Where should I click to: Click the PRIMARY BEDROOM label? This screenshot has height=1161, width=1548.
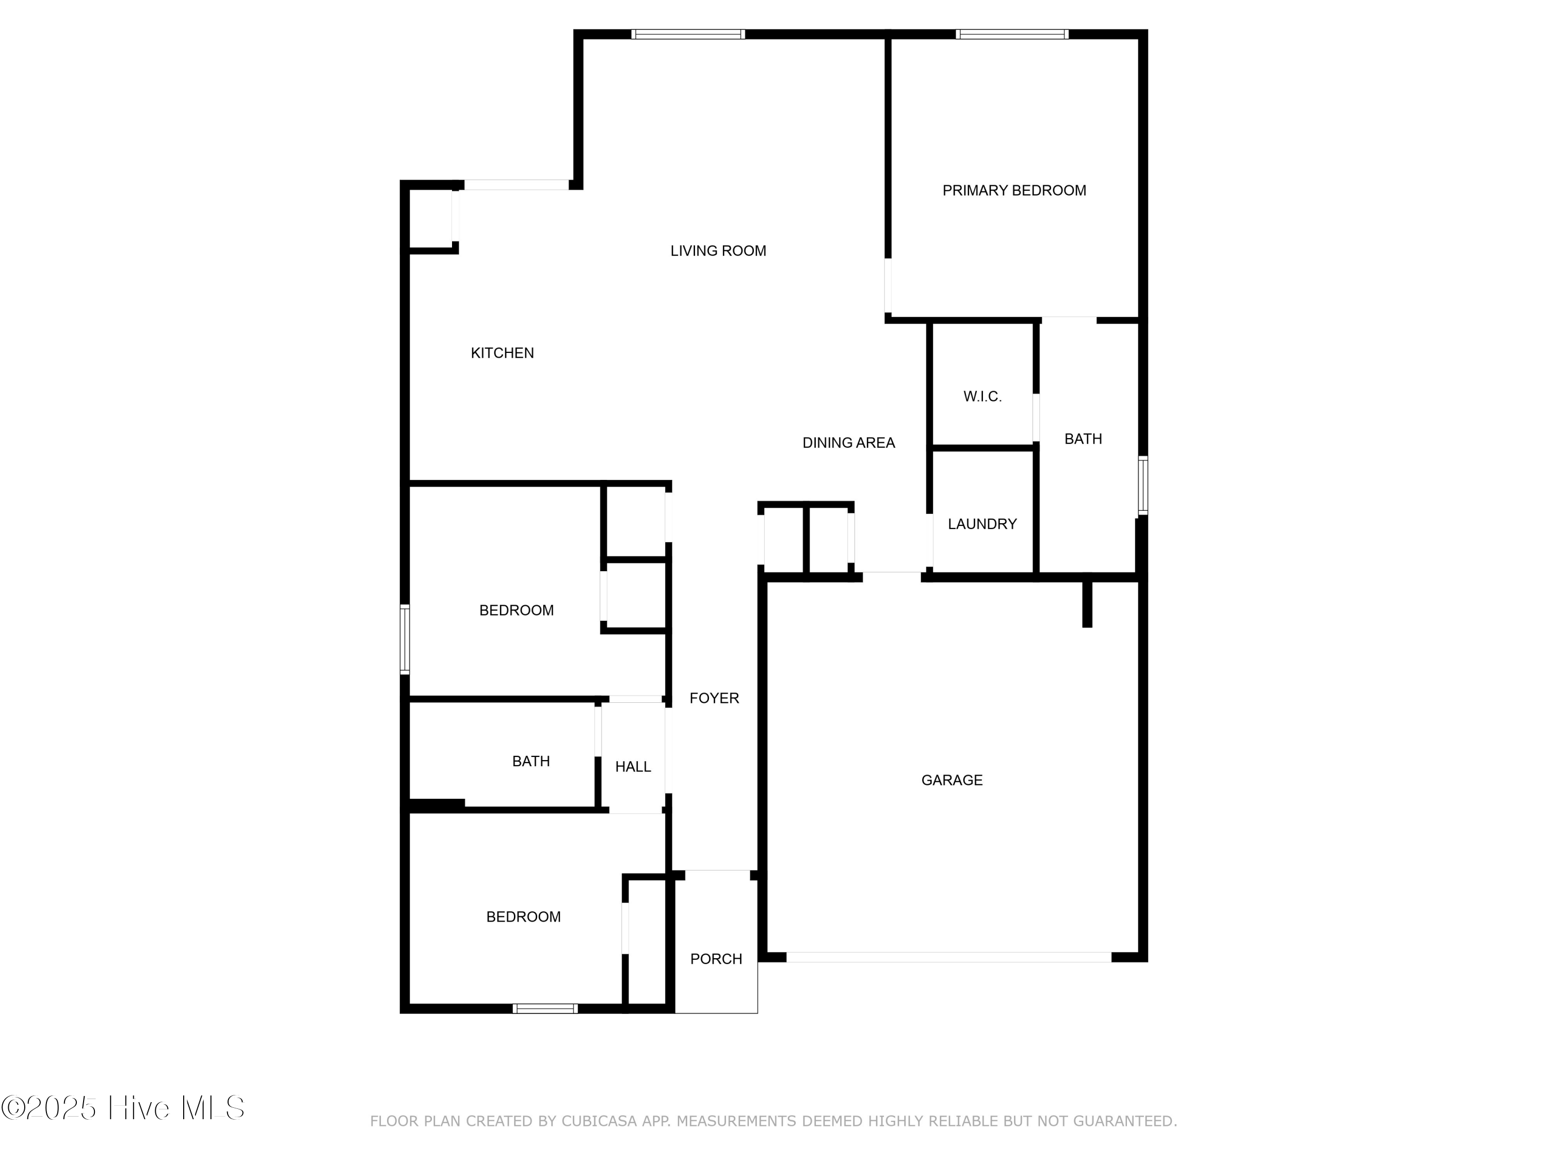(1014, 190)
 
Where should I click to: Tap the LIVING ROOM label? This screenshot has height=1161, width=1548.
(718, 251)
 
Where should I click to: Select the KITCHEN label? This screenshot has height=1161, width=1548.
(502, 353)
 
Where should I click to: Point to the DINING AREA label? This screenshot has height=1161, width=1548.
(848, 442)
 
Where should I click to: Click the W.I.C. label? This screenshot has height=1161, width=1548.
(982, 397)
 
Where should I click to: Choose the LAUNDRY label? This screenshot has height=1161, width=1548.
(982, 524)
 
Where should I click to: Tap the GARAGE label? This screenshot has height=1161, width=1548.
(952, 780)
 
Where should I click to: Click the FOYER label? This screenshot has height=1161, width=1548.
(714, 698)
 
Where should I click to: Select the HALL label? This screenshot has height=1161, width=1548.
(633, 767)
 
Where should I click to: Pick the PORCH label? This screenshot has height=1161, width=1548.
(716, 959)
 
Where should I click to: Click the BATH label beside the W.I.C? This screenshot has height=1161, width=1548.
(1083, 439)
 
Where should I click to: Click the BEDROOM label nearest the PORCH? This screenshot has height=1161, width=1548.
(523, 917)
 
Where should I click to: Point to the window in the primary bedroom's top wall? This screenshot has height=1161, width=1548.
(1012, 34)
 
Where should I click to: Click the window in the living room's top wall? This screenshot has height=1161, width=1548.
(688, 34)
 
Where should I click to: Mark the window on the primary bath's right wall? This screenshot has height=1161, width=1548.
(1142, 485)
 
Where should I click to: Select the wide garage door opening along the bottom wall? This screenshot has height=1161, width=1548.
(948, 957)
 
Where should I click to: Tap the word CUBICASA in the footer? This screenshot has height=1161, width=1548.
(599, 1121)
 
